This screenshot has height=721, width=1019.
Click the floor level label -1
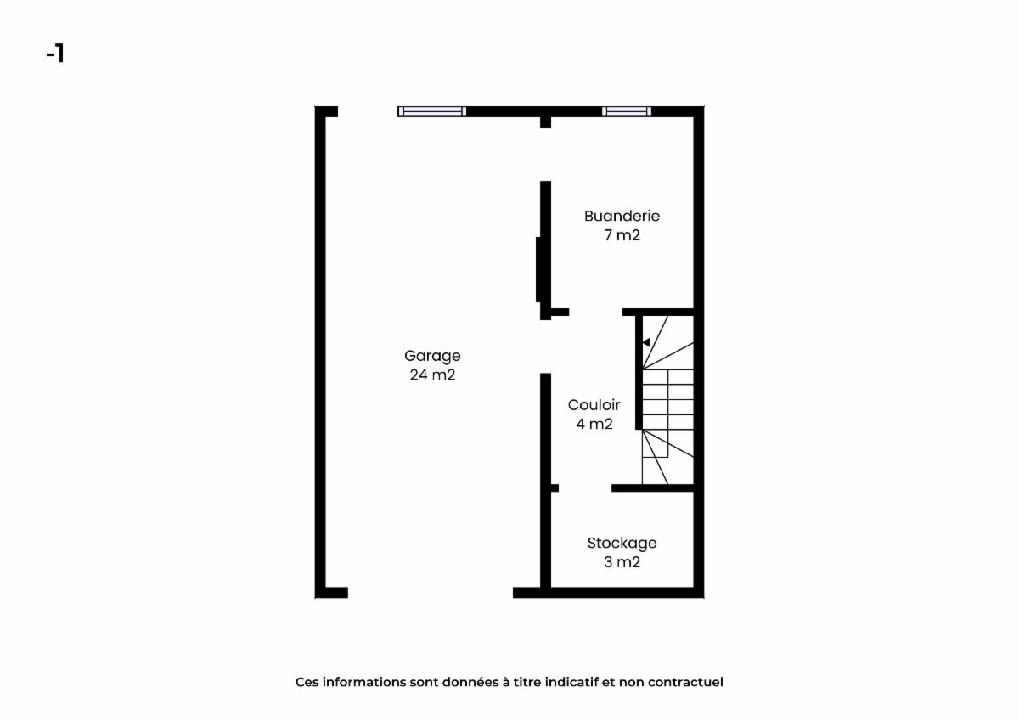click(55, 54)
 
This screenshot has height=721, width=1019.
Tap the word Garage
click(432, 356)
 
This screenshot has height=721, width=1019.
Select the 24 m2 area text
click(432, 375)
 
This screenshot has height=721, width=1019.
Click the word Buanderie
click(622, 216)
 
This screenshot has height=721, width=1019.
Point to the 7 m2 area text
click(622, 235)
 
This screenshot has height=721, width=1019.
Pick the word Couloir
click(594, 405)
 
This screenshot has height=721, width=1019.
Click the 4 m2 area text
click(594, 424)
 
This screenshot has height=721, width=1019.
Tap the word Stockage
click(622, 544)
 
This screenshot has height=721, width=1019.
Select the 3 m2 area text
click(622, 562)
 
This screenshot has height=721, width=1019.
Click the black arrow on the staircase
click(646, 342)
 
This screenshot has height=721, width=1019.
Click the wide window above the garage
click(431, 111)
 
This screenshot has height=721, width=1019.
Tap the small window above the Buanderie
click(627, 111)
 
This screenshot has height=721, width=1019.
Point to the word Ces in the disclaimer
click(307, 682)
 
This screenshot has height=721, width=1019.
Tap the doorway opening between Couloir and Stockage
click(585, 488)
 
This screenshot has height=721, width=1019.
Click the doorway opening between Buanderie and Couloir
click(595, 312)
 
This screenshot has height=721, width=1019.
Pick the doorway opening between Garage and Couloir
click(545, 346)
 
